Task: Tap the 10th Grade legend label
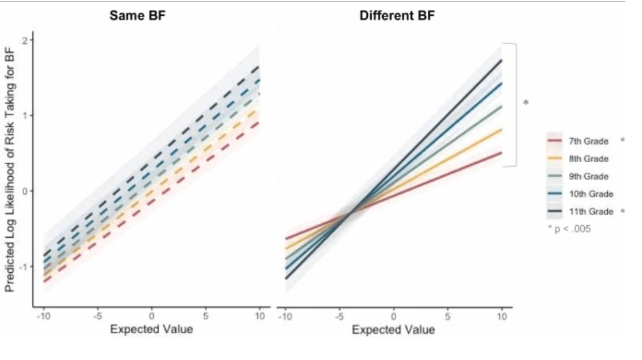coord(592,194)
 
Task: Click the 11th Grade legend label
coord(592,211)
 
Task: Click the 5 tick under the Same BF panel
coord(206,316)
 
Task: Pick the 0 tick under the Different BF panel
coord(393,316)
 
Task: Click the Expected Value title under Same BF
coord(151,329)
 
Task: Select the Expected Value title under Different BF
coord(393,329)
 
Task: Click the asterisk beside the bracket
coord(526,102)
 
